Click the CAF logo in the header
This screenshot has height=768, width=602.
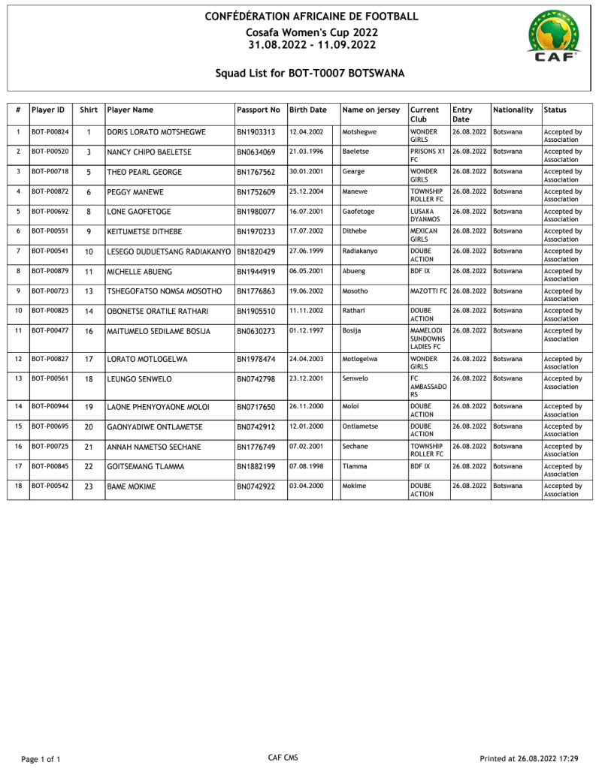[553, 38]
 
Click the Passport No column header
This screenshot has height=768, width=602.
[259, 110]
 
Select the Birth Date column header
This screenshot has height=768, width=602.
[308, 110]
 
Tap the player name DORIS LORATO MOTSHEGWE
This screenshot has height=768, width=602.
[156, 132]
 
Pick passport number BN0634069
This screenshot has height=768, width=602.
[256, 152]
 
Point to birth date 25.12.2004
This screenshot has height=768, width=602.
[307, 191]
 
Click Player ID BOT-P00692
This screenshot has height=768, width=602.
[50, 212]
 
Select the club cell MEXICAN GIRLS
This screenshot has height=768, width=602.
[424, 235]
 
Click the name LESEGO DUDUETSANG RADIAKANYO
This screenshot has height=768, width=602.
[169, 251]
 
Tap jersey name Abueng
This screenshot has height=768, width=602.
[355, 271]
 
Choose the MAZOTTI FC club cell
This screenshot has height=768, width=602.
[428, 291]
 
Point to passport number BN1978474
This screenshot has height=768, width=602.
[256, 359]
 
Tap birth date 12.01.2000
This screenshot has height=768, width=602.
[307, 426]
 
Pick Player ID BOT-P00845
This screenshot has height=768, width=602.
[50, 466]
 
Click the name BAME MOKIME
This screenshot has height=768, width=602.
[132, 486]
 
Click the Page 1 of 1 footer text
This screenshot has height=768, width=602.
[41, 759]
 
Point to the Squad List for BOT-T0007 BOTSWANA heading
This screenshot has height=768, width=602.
[310, 73]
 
